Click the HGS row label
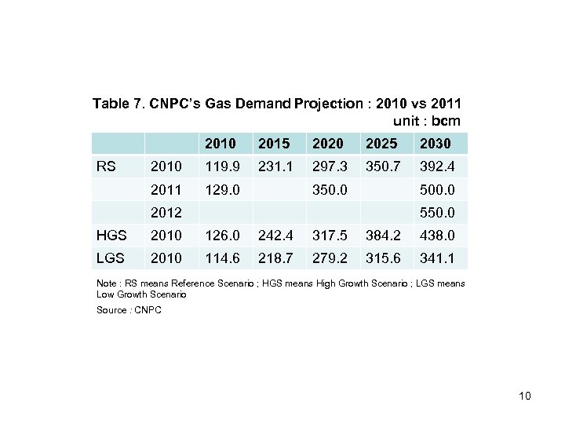pyautogui.click(x=111, y=235)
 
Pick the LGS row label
pyautogui.click(x=111, y=258)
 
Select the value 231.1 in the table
pyautogui.click(x=274, y=166)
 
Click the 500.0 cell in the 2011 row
pyautogui.click(x=436, y=189)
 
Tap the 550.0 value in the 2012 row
pyautogui.click(x=436, y=212)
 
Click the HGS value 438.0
pyautogui.click(x=436, y=235)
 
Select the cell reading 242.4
pyautogui.click(x=274, y=235)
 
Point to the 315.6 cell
pyautogui.click(x=382, y=258)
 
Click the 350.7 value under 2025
pyautogui.click(x=382, y=166)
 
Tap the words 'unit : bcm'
pyautogui.click(x=425, y=121)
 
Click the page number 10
pyautogui.click(x=525, y=396)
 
